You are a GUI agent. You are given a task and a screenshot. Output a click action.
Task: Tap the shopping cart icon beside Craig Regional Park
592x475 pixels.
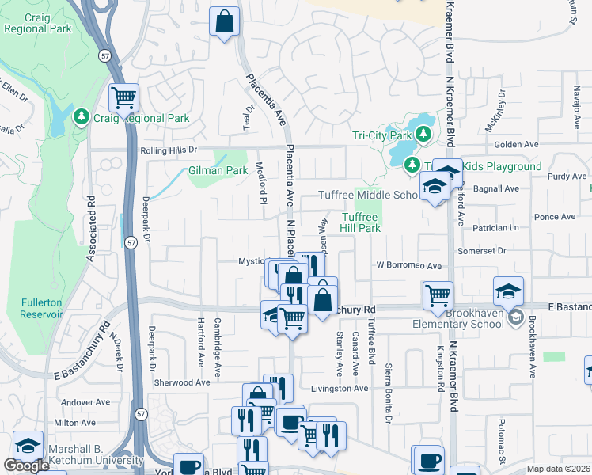coord(123,97)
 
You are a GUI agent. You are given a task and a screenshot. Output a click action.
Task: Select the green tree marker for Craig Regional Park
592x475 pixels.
coord(80,118)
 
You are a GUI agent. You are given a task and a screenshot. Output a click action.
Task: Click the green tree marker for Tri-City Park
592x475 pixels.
coord(424,133)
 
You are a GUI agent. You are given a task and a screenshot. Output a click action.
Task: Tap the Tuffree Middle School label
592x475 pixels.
coord(370,196)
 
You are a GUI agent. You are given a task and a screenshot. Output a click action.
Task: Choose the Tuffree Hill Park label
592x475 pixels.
coord(361,222)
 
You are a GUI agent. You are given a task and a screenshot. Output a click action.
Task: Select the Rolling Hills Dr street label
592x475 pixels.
coord(167,150)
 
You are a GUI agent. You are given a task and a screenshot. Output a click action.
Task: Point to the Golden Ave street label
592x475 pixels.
coord(515,145)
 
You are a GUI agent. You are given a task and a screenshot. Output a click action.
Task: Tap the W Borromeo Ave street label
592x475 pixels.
coord(408,266)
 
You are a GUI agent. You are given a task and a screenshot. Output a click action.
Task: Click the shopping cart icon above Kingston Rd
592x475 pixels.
coord(438,295)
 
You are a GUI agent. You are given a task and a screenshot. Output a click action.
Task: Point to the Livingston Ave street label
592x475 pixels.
coord(340,389)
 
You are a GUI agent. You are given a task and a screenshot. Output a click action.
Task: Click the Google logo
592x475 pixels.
coord(26,465)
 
